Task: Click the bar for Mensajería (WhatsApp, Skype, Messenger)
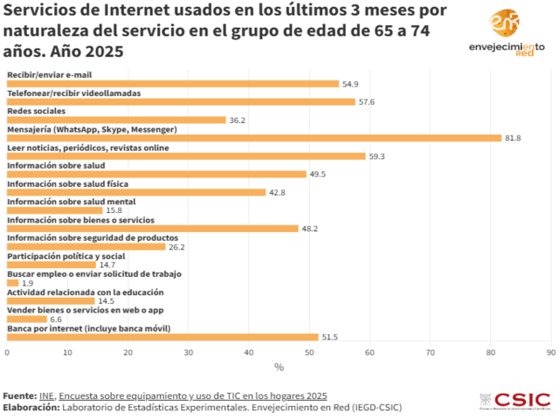pyautogui.click(x=253, y=138)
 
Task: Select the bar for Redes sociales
pyautogui.click(x=116, y=120)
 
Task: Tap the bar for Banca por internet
pyautogui.click(x=162, y=337)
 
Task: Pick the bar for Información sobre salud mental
pyautogui.click(x=54, y=210)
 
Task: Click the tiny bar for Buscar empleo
pyautogui.click(x=12, y=283)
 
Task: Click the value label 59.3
pyautogui.click(x=378, y=156)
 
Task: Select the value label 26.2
pyautogui.click(x=177, y=247)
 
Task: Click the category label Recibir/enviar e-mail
pyautogui.click(x=49, y=75)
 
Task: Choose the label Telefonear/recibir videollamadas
pyautogui.click(x=73, y=93)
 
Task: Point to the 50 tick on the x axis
pyautogui.click(x=309, y=353)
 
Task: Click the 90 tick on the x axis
pyautogui.click(x=550, y=353)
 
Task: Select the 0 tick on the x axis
pyautogui.click(x=7, y=353)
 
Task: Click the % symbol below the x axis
pyautogui.click(x=279, y=367)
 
